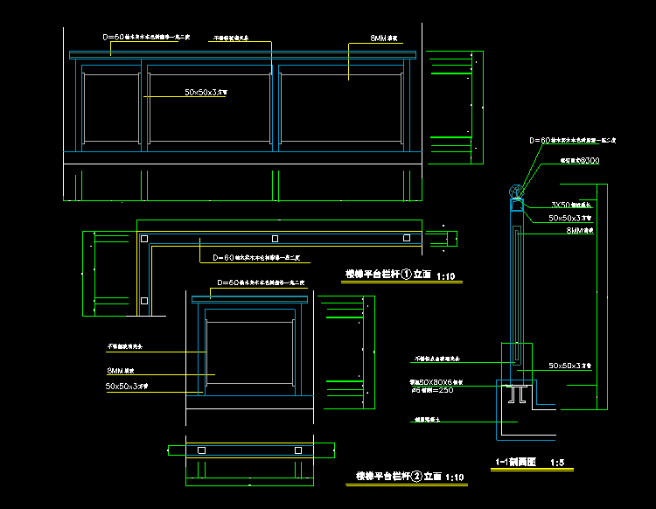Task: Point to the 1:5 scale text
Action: [556, 462]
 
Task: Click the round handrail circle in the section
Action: [516, 192]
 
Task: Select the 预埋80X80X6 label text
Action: [436, 382]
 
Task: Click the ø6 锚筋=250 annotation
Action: [436, 390]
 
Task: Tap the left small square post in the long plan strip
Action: [144, 238]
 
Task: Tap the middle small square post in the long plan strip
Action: [275, 238]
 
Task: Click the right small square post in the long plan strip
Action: [405, 238]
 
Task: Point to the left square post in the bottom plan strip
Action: [201, 450]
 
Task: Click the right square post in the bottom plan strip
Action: [298, 450]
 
